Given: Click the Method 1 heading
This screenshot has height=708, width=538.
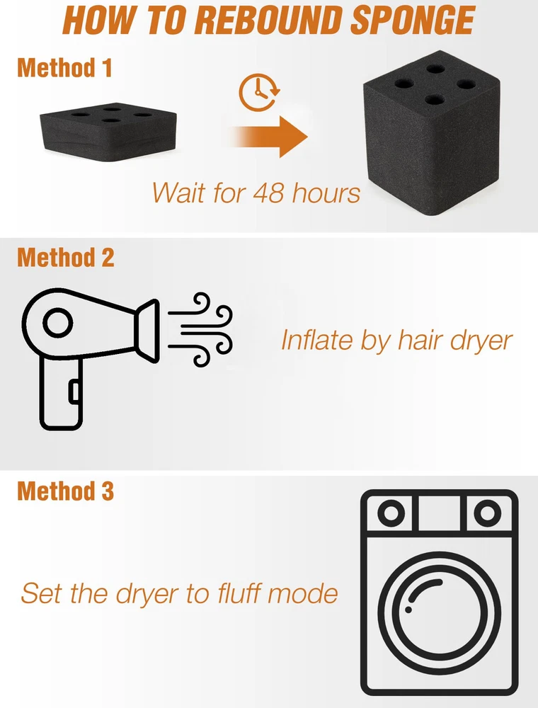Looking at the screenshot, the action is (64, 68).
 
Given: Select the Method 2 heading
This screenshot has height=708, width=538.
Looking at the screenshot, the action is (65, 258).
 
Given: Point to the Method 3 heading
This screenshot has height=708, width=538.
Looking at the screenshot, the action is (65, 491).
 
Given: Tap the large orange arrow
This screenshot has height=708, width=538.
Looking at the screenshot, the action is (270, 137).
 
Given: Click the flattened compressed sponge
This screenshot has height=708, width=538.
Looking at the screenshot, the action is (108, 131).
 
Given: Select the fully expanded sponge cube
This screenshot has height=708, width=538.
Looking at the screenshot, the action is (431, 133).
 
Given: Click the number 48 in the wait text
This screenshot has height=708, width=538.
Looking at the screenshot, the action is (268, 193).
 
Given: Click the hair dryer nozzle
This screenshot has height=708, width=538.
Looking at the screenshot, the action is (147, 330).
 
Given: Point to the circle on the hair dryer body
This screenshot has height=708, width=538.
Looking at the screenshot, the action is (58, 322).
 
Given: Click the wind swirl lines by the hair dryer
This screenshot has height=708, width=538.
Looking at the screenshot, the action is (200, 329).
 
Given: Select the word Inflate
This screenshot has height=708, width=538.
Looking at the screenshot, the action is (317, 340).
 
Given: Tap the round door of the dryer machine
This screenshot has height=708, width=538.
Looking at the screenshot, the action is (440, 613).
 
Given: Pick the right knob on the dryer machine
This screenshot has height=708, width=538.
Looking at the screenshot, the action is (488, 513).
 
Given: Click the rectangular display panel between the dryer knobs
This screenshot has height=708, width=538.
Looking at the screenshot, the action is (439, 513).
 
